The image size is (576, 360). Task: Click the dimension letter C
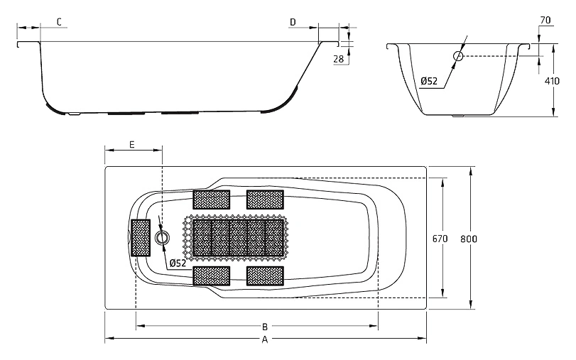[x=59, y=22]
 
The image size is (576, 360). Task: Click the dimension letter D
[x=293, y=23]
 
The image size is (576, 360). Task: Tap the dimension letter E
[x=132, y=144]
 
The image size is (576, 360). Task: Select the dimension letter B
[x=265, y=326]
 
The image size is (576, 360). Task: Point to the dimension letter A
[x=265, y=340]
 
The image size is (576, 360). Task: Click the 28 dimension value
[x=339, y=59]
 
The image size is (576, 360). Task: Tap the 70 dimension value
[x=546, y=20]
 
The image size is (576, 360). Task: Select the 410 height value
[x=552, y=81]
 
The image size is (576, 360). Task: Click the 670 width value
[x=440, y=239]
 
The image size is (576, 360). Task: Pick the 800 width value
[x=469, y=239]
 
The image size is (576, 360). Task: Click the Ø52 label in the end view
[x=429, y=81]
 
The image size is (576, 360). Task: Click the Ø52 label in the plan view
[x=178, y=263]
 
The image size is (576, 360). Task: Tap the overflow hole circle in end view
[x=458, y=56]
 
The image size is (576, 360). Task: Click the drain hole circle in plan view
[x=162, y=238]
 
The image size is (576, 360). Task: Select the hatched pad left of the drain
[x=141, y=238]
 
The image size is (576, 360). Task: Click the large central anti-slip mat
[x=238, y=238]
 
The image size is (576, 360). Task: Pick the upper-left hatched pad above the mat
[x=212, y=200]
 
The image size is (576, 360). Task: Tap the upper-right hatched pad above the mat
[x=265, y=200]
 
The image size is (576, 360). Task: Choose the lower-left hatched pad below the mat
[x=212, y=276]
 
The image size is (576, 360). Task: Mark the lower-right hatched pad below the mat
[x=265, y=276]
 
